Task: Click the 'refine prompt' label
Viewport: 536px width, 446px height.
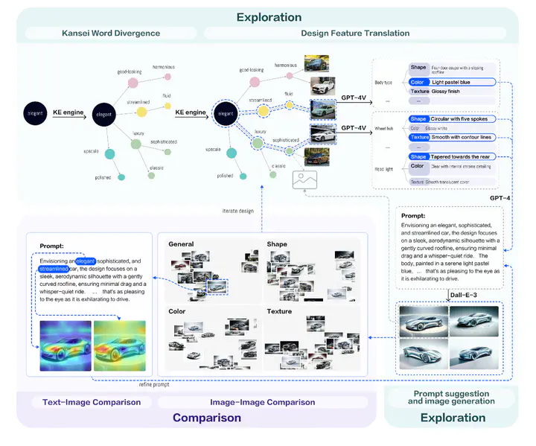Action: [154, 384]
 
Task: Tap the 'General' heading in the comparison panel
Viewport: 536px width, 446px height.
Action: [182, 244]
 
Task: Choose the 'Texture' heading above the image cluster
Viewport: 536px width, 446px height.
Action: [280, 311]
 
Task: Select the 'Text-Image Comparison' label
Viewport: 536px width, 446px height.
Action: [86, 402]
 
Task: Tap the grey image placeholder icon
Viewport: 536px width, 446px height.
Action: [304, 179]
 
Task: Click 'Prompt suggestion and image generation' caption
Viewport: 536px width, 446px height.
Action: [452, 397]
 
